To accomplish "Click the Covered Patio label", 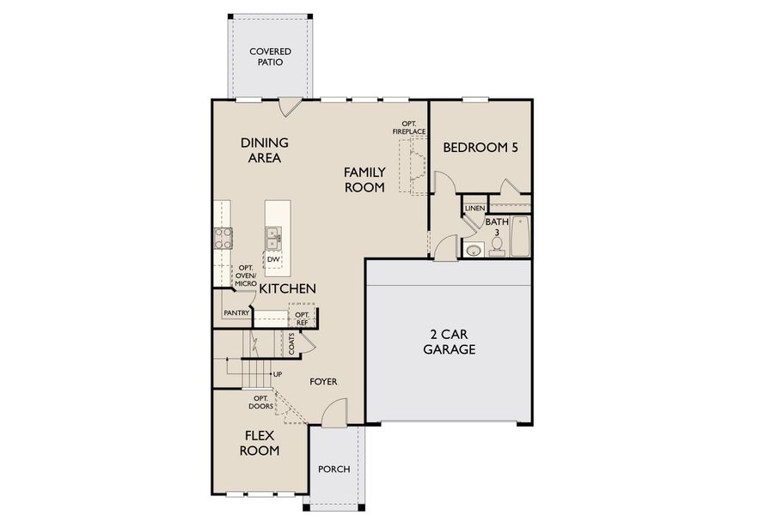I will click(x=270, y=57).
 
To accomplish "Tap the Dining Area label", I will click(x=264, y=150).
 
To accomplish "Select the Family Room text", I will click(x=364, y=179).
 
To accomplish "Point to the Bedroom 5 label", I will click(x=480, y=148).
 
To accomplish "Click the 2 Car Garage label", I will click(x=449, y=342).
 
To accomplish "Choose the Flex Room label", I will click(x=259, y=442).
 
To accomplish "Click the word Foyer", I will click(x=324, y=381).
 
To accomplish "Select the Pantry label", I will click(x=236, y=313).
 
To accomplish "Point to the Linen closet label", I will click(x=474, y=209).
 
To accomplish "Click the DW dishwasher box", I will click(x=273, y=259).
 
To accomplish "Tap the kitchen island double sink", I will click(x=273, y=233).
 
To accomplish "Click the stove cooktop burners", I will click(x=223, y=238).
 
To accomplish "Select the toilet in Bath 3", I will click(x=496, y=247).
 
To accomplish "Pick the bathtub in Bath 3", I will click(x=521, y=237).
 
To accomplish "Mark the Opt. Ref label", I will click(x=303, y=318).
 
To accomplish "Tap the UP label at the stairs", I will click(x=277, y=374).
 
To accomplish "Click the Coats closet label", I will click(x=292, y=343).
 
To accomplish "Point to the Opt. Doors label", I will click(x=261, y=403).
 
